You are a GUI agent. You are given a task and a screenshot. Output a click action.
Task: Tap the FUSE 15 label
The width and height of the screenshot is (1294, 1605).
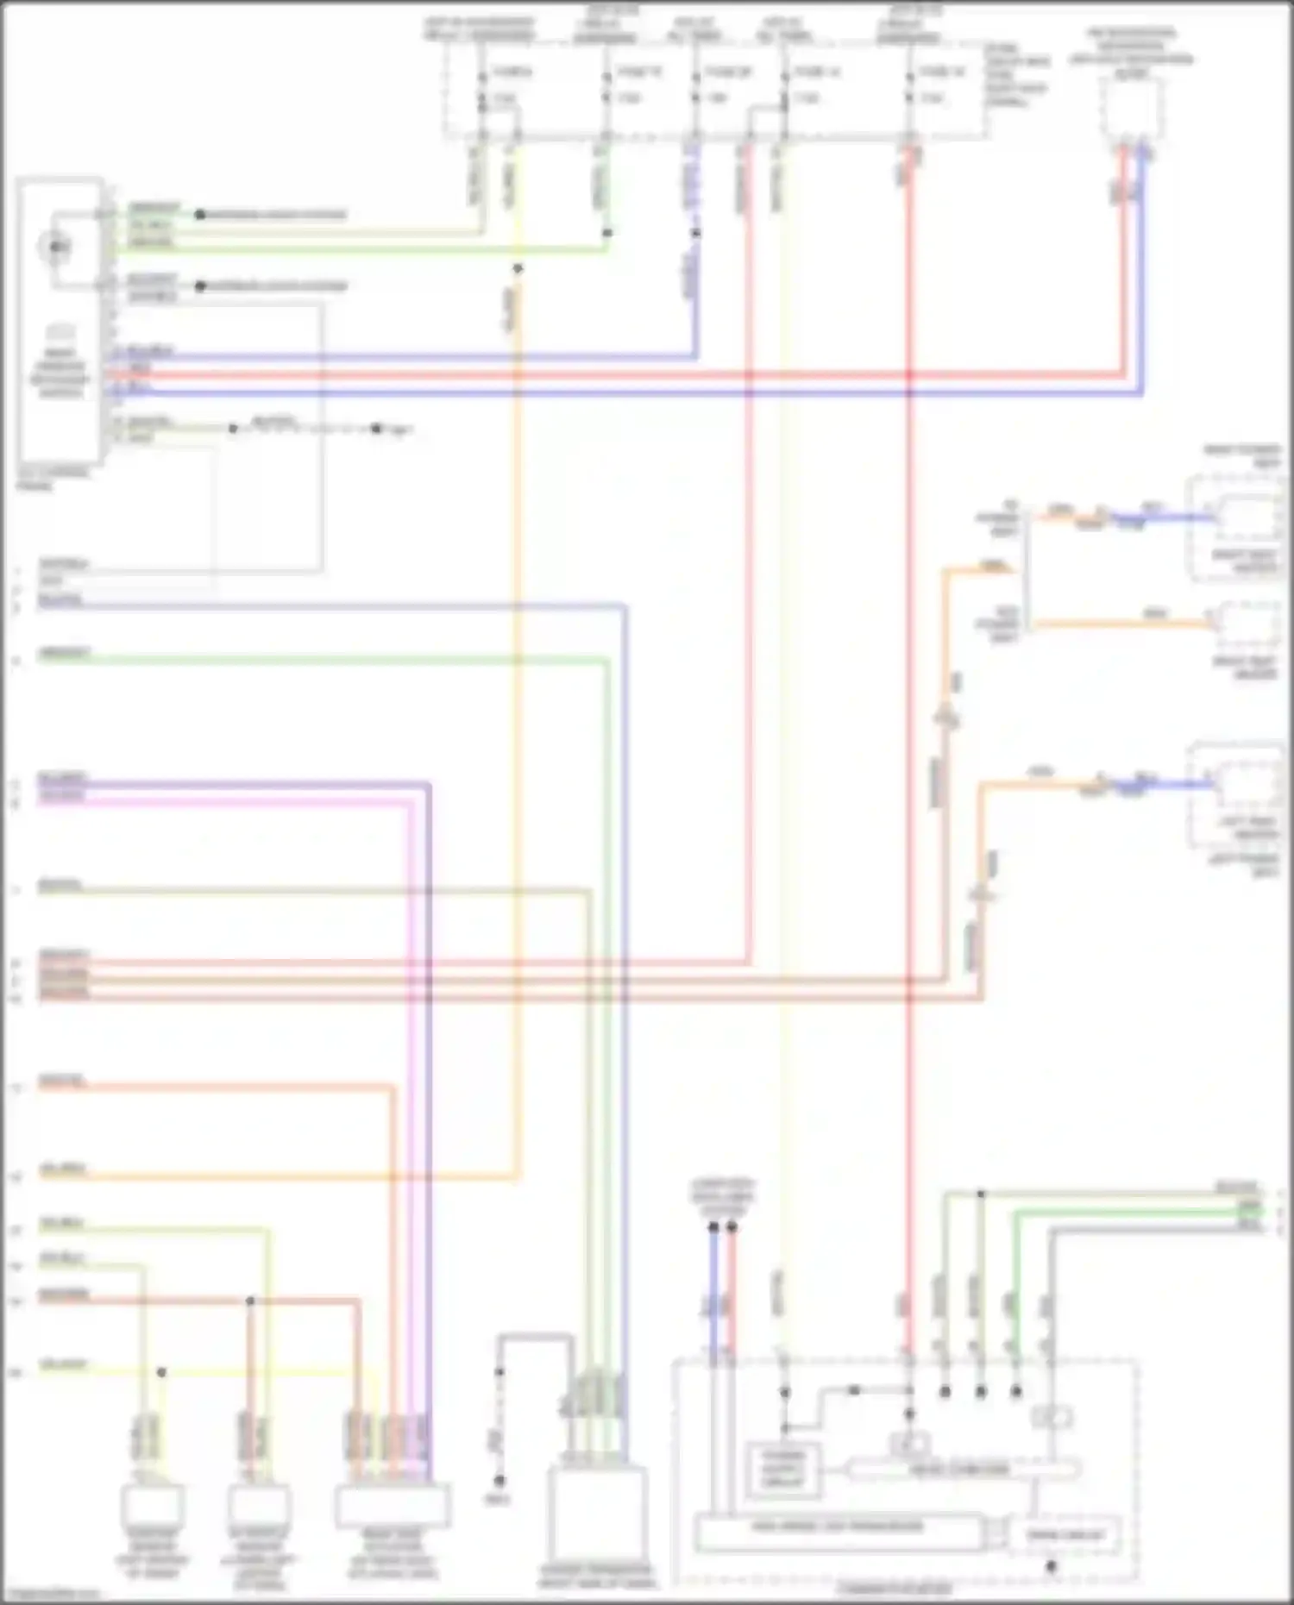(638, 72)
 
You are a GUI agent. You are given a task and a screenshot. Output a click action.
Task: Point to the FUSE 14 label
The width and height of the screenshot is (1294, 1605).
(816, 72)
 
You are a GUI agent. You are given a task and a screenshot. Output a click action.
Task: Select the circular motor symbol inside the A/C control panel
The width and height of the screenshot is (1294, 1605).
(56, 248)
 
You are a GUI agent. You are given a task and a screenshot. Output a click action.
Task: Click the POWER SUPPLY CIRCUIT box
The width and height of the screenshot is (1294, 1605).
(782, 1469)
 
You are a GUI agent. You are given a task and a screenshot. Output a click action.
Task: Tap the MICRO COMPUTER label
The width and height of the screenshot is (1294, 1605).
(958, 1469)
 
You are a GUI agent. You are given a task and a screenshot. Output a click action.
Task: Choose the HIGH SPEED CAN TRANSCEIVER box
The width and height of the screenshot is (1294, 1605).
(838, 1527)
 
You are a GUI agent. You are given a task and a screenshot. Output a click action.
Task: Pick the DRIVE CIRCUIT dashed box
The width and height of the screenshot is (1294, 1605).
(1065, 1534)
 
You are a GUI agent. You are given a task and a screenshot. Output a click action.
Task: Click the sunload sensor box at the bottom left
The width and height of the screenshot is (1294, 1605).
(152, 1507)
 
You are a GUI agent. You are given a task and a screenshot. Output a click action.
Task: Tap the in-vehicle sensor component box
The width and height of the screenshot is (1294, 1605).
(258, 1507)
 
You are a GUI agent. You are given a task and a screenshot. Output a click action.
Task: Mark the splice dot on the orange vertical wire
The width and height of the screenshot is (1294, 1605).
(518, 269)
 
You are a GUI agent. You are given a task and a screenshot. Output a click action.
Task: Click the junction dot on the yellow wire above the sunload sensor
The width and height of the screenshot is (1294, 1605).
(161, 1372)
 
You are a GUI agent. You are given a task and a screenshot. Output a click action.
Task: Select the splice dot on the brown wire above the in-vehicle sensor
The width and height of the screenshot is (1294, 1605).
(250, 1301)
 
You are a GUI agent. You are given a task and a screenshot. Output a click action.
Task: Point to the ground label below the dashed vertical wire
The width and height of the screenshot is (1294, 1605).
(499, 1502)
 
